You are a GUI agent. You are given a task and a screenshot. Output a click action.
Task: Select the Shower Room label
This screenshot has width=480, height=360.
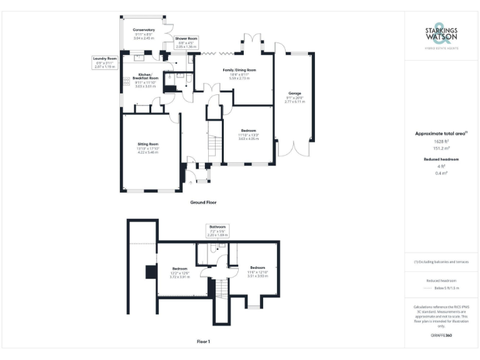(x=186, y=42)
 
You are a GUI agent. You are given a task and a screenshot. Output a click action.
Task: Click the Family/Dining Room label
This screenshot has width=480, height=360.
(x=239, y=74)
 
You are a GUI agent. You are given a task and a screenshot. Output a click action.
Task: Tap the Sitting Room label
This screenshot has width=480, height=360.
(x=148, y=147)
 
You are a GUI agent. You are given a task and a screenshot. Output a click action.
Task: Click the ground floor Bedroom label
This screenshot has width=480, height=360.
(x=248, y=134)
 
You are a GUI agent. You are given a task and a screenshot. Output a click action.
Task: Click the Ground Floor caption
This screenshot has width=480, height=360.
(x=202, y=202)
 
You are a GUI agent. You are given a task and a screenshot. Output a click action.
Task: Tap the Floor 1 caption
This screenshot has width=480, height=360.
(x=202, y=342)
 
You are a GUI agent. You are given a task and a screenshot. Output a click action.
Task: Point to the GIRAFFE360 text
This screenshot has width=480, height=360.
(x=441, y=336)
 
